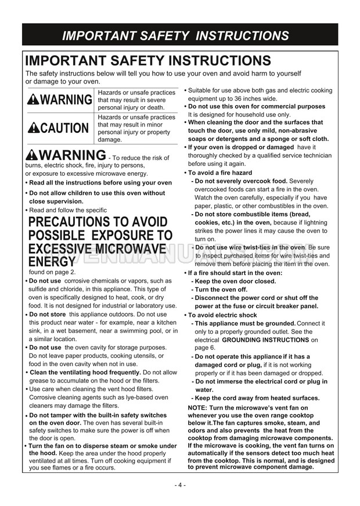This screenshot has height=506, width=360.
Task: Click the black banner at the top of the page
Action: pyautogui.click(x=180, y=35)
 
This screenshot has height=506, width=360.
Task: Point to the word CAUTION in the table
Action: pyautogui.click(x=64, y=128)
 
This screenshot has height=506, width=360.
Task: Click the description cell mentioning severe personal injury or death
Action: pyautogui.click(x=136, y=100)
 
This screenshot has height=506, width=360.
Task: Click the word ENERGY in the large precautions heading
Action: pyautogui.click(x=52, y=262)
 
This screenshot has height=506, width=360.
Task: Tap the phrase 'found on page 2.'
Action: pyautogui.click(x=52, y=272)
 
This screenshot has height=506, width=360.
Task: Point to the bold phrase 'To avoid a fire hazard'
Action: pyautogui.click(x=220, y=173)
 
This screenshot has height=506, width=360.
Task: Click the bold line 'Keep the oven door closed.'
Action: pyautogui.click(x=236, y=281)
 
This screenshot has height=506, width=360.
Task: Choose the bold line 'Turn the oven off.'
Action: pyautogui.click(x=221, y=289)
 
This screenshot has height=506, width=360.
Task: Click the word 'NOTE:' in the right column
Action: pyautogui.click(x=199, y=408)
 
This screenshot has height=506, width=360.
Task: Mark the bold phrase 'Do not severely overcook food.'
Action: pyautogui.click(x=241, y=181)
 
